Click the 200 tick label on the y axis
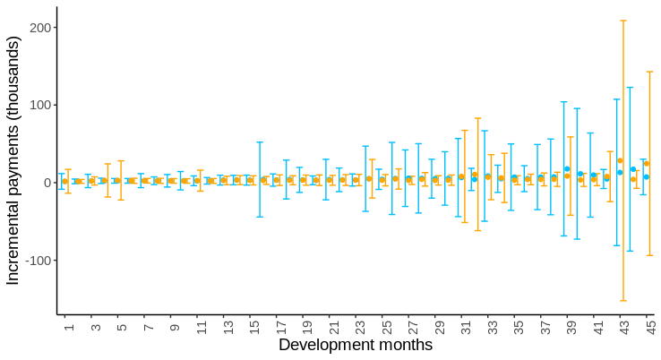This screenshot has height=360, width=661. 40,28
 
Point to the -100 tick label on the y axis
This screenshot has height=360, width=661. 39,261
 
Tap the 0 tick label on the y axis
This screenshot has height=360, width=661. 47,183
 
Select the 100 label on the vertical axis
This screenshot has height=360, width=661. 40,105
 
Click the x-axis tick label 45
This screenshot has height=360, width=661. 650,327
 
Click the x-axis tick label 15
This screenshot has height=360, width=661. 254,327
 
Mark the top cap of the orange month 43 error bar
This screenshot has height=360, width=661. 623,21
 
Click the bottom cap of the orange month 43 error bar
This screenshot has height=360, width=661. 623,301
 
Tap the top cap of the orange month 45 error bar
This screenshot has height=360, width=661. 649,72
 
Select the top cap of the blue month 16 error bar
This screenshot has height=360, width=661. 260,142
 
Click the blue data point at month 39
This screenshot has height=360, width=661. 567,168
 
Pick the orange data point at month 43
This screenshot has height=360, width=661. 620,160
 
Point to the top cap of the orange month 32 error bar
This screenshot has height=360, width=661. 478,118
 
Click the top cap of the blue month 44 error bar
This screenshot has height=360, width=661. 630,87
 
